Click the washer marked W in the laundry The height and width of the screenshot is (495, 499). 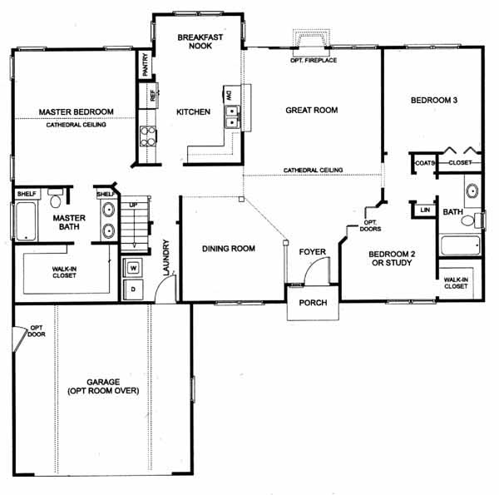coord(133,267)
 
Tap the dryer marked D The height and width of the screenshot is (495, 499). coord(133,290)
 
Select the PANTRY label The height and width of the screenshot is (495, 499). coord(146,65)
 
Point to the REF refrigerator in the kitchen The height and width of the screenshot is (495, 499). coord(153,95)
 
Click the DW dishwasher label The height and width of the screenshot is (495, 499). coord(229,95)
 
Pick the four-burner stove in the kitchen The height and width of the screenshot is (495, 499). coord(148,136)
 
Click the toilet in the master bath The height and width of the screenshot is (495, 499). coord(56,198)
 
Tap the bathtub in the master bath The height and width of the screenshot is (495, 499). coord(26,221)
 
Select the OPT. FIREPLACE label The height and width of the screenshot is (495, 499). coord(314,60)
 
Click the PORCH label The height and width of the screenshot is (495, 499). coord(313,303)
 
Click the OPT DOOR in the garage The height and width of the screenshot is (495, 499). coord(19,338)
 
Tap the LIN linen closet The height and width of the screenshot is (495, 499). coord(425,210)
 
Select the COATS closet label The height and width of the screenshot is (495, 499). coord(424,163)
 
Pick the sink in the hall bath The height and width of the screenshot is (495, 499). coord(472,191)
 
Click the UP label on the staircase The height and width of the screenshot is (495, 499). coord(133,205)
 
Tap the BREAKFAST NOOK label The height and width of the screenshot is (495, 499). coord(200,42)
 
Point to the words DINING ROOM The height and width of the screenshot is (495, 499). coord(229,248)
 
